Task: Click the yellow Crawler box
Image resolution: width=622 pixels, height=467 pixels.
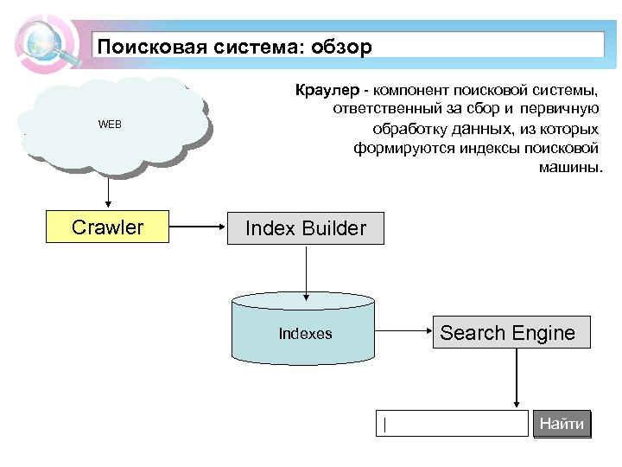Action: [x=107, y=227]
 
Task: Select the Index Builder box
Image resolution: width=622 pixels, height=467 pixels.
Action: [x=305, y=228]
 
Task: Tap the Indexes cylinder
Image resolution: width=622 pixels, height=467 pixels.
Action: [x=304, y=334]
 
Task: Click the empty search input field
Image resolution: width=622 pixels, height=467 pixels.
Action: [x=452, y=424]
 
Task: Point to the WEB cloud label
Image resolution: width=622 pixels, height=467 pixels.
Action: [x=110, y=125]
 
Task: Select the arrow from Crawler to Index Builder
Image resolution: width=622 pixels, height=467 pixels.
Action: [x=197, y=228]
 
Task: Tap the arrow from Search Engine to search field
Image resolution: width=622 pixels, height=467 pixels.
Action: [x=516, y=378]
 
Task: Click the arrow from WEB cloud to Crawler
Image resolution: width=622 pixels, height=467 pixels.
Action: [x=108, y=192]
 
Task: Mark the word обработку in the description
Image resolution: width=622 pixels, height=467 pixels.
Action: [x=409, y=128]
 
